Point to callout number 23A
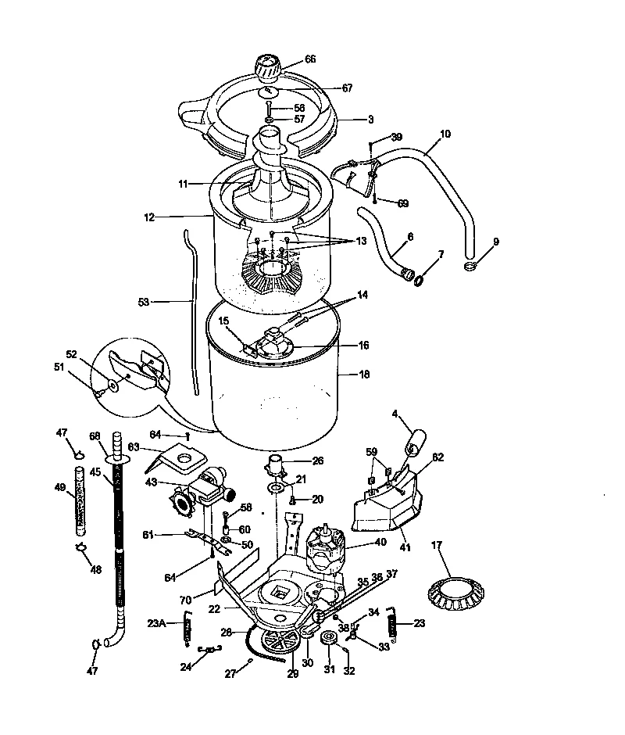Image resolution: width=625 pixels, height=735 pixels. click(x=157, y=623)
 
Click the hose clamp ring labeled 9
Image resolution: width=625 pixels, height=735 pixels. click(x=470, y=267)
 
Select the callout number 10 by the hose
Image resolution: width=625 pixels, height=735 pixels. click(x=445, y=134)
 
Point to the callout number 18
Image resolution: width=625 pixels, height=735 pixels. click(x=363, y=375)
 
